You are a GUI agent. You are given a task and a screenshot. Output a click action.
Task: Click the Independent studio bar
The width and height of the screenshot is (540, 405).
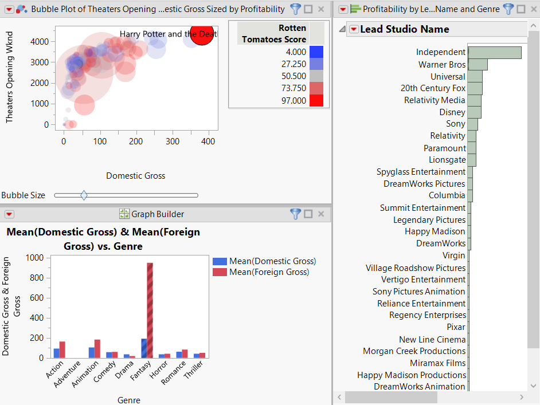pos(495,53)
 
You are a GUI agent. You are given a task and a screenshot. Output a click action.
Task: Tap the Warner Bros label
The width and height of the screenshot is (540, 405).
pos(441,65)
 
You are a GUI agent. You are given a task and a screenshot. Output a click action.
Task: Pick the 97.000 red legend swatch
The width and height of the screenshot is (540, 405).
pos(316,101)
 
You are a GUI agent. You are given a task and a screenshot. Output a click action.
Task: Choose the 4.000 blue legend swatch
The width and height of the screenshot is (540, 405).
pos(316,52)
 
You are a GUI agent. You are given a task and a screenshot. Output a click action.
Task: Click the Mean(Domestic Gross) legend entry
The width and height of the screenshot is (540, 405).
pos(272,261)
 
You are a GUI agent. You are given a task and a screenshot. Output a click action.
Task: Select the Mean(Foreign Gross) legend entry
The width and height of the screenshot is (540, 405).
pos(269,272)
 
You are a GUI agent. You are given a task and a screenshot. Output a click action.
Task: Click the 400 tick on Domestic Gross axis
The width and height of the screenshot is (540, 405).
pos(209,141)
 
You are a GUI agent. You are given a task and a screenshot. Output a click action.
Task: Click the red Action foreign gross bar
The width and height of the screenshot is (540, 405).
pos(62,349)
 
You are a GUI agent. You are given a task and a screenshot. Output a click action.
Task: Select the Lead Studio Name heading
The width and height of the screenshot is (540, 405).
pos(404,29)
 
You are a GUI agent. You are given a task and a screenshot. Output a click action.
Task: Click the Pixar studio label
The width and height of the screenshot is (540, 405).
pos(456,327)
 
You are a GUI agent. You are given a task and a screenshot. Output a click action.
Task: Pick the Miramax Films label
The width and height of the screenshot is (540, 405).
pos(437,363)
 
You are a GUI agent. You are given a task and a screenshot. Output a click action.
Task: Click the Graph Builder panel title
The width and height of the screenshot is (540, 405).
pos(158,214)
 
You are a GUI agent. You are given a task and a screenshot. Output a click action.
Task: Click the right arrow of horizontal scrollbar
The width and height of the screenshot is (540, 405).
pos(521,397)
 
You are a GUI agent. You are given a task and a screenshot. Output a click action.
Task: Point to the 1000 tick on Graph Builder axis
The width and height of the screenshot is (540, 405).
pos(36,258)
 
